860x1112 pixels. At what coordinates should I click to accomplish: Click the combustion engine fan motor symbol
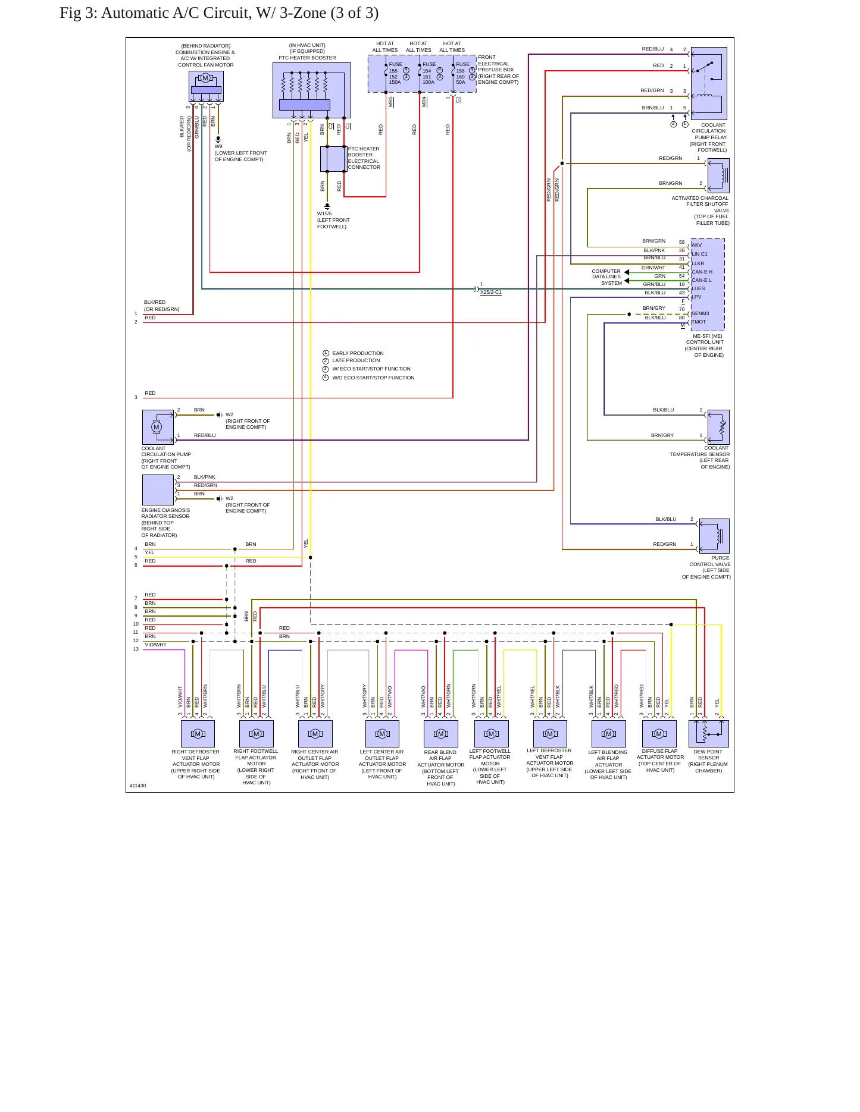tap(206, 86)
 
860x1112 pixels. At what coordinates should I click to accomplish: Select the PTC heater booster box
tap(312, 90)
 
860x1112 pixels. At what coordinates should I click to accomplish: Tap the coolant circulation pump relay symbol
tap(709, 83)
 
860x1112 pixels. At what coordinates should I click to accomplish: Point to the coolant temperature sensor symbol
tap(718, 427)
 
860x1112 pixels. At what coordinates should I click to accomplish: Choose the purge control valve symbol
tap(714, 536)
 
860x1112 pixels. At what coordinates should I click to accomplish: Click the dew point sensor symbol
tap(709, 734)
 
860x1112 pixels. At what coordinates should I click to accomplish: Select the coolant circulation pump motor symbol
tap(158, 427)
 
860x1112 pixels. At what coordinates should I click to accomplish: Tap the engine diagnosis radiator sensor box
tap(158, 490)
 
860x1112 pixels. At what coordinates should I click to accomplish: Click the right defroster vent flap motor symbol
tap(198, 734)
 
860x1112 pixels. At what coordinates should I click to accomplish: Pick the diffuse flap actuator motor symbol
tap(659, 734)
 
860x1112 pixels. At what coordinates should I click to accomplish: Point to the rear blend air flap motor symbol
tap(441, 734)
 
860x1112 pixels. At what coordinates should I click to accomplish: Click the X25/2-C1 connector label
tap(491, 293)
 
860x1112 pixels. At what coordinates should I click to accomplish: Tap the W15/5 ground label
tap(324, 213)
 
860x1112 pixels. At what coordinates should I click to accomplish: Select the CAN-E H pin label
tap(702, 272)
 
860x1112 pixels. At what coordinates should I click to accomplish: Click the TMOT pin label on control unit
tap(699, 322)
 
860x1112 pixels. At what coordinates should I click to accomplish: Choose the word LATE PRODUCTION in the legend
tap(356, 360)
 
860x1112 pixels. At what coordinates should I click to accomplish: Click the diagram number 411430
tap(137, 786)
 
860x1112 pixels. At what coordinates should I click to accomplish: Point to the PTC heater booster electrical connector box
tap(333, 159)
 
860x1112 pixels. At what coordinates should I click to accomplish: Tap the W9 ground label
tap(218, 146)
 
